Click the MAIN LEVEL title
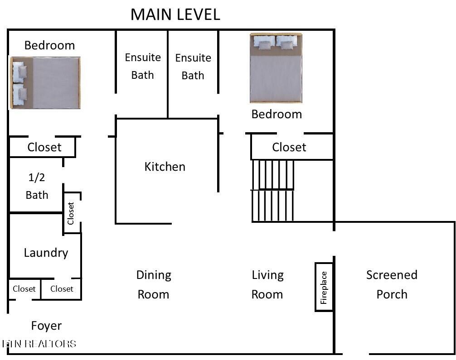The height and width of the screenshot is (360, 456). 175,14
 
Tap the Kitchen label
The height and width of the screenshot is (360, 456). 165,167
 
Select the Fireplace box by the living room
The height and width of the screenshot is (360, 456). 324,287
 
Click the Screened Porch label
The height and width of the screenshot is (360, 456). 392,284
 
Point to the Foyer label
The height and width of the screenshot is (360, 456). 46,326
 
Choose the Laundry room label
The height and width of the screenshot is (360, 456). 46,253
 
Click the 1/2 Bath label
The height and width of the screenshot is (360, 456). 37,186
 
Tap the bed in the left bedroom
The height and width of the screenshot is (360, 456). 45,83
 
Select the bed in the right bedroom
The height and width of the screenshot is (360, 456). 276,68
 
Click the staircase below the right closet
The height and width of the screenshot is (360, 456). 272,191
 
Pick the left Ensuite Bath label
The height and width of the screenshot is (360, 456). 143,66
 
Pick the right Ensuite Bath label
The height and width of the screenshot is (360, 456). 193,67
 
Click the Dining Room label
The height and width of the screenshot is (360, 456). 154,284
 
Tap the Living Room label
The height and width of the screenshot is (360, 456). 267,284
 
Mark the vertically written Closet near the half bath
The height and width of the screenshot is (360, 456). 71,213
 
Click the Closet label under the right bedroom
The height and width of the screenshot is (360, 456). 289,147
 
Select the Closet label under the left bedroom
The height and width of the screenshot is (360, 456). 44,147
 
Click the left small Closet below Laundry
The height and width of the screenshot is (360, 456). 24,289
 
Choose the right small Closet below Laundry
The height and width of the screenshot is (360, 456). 62,289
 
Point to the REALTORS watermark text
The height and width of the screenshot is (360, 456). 51,344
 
